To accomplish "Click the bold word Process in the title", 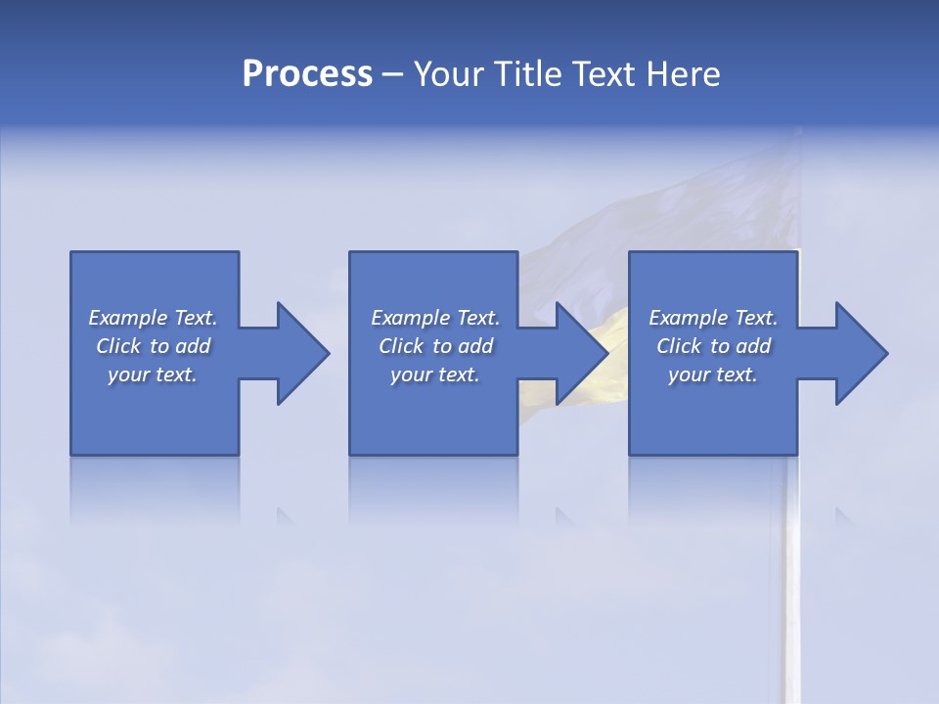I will [307, 74].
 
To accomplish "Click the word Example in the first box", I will [127, 318].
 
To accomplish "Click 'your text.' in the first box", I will [153, 374].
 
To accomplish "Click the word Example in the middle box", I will [410, 318].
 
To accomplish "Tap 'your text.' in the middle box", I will [435, 374].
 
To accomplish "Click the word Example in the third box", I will [688, 318].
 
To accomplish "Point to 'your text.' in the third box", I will [713, 374].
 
